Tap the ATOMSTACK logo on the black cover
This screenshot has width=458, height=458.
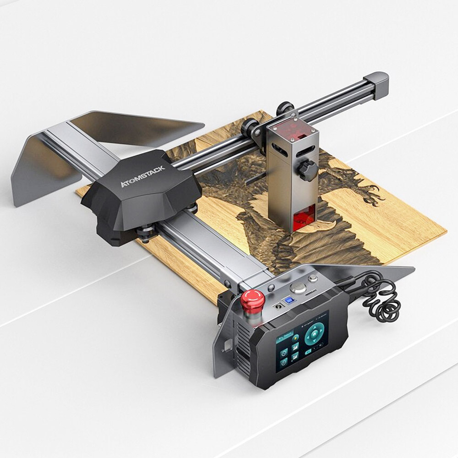click(142, 176)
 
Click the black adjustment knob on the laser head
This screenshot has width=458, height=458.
click(308, 170)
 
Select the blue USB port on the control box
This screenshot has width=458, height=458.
click(289, 300)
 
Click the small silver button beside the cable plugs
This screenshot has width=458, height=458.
click(313, 278)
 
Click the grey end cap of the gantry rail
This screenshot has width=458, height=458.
click(379, 85)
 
